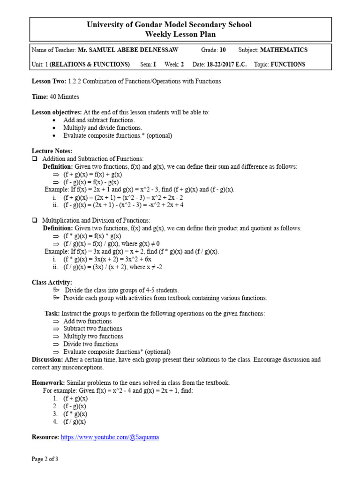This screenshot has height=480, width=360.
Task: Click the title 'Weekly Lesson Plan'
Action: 180,34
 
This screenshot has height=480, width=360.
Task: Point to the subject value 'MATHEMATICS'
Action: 284,50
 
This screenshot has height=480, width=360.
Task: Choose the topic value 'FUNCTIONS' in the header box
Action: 288,64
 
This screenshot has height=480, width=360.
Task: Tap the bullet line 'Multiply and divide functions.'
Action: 103,128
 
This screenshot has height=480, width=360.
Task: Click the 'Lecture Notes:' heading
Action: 52,151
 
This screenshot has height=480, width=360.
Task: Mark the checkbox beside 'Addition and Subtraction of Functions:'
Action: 34,159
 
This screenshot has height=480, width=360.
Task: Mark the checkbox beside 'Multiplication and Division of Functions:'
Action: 34,220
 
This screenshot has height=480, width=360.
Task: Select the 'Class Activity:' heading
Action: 52,282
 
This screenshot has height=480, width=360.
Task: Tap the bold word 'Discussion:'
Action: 47,360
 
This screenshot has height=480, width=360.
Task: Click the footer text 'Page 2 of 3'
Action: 45,459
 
